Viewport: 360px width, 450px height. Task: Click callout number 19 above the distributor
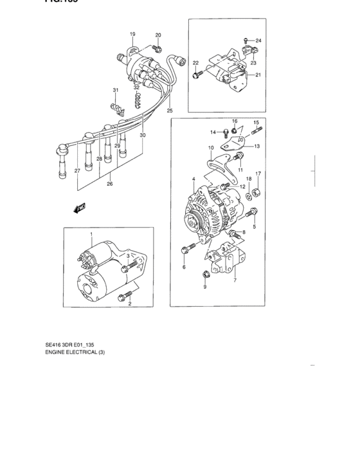132,33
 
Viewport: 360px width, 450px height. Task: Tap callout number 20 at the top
158,34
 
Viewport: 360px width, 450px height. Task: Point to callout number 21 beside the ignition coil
258,75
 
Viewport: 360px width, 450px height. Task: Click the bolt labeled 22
195,76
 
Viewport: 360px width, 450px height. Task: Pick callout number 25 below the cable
170,111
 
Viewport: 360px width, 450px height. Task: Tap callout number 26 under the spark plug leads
109,183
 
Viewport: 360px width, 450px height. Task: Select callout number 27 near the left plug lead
77,171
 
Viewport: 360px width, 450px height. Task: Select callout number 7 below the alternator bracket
235,280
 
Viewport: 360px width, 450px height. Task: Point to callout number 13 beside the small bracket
256,147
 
